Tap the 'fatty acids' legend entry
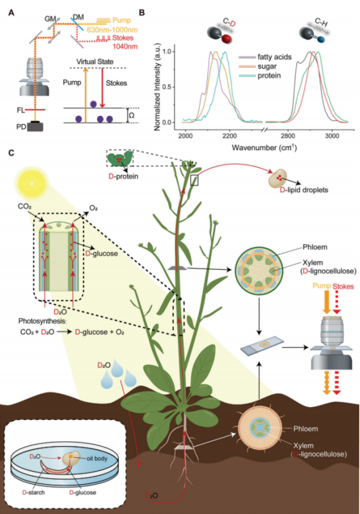coord(274,57)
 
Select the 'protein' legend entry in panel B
coord(269,76)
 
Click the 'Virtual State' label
coord(95,62)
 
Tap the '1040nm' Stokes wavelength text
coord(125,46)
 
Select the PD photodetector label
coord(21,126)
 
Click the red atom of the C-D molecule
coord(226,39)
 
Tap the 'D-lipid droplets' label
coord(304,190)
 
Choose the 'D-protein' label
coord(123,176)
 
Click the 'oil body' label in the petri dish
coord(97,459)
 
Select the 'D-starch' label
coord(34,492)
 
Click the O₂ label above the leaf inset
coord(93,208)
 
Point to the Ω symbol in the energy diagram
coord(131,116)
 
